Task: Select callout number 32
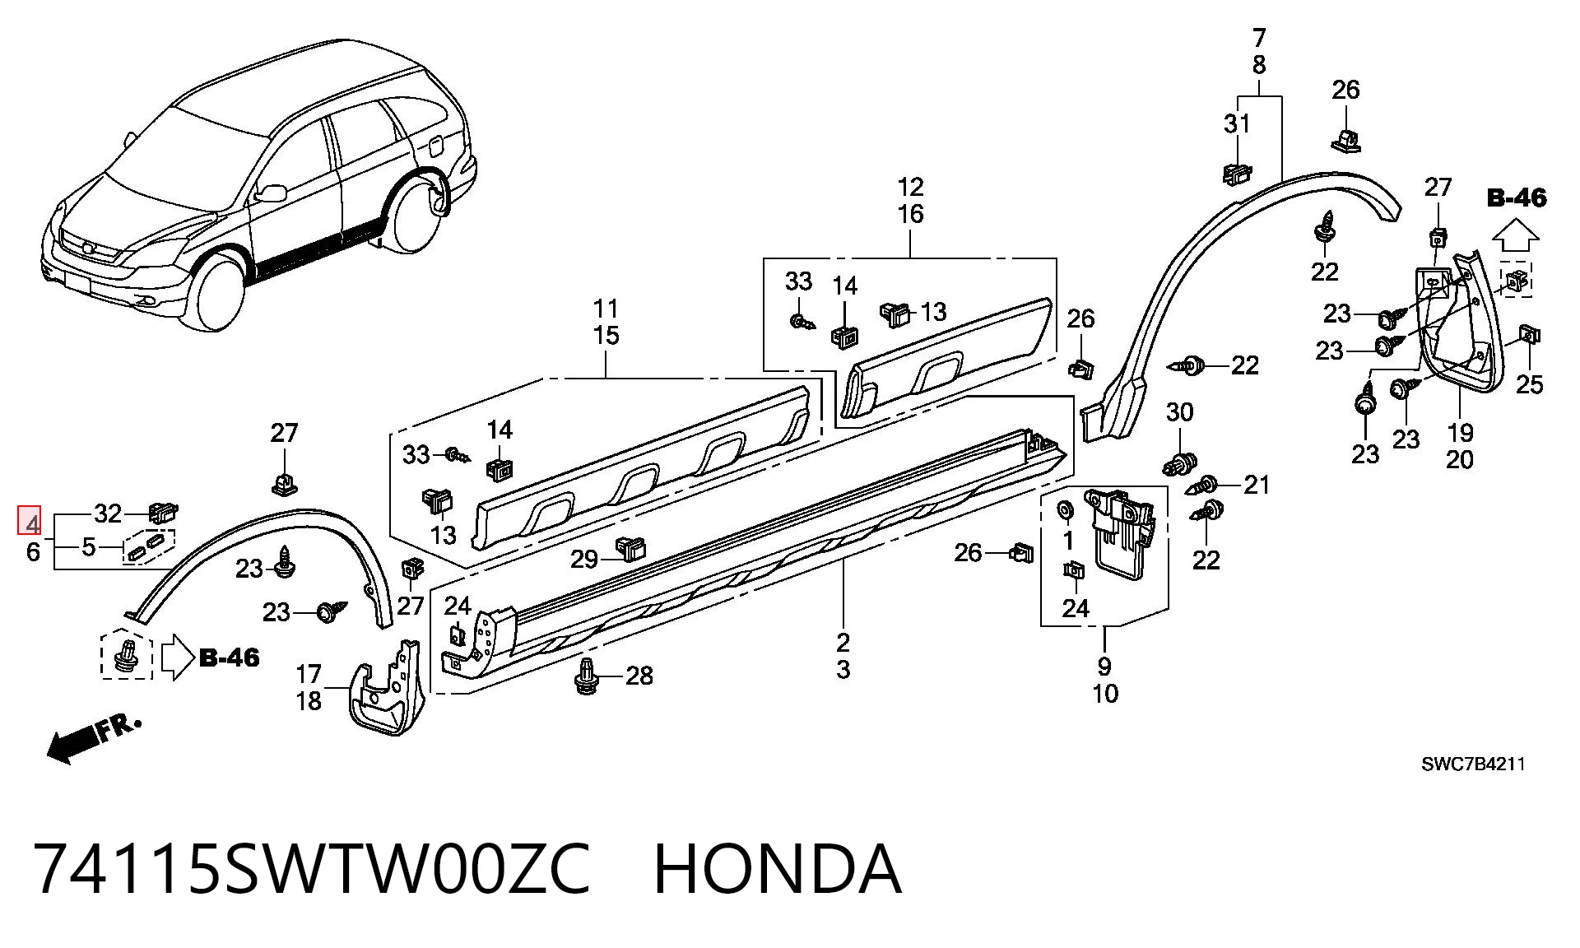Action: pyautogui.click(x=108, y=513)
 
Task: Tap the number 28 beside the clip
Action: pyautogui.click(x=639, y=676)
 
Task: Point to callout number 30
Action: pyautogui.click(x=1180, y=412)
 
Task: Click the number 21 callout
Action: pyautogui.click(x=1257, y=485)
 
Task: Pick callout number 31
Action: pyautogui.click(x=1237, y=123)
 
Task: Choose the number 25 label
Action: pyautogui.click(x=1530, y=384)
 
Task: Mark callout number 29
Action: pyautogui.click(x=584, y=560)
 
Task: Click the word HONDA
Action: pyautogui.click(x=778, y=869)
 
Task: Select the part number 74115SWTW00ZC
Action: pyautogui.click(x=312, y=869)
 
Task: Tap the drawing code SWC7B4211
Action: pyautogui.click(x=1473, y=764)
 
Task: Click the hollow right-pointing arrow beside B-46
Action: pyautogui.click(x=176, y=657)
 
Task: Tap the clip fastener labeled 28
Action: pyautogui.click(x=587, y=675)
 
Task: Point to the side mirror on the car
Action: pyautogui.click(x=270, y=193)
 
